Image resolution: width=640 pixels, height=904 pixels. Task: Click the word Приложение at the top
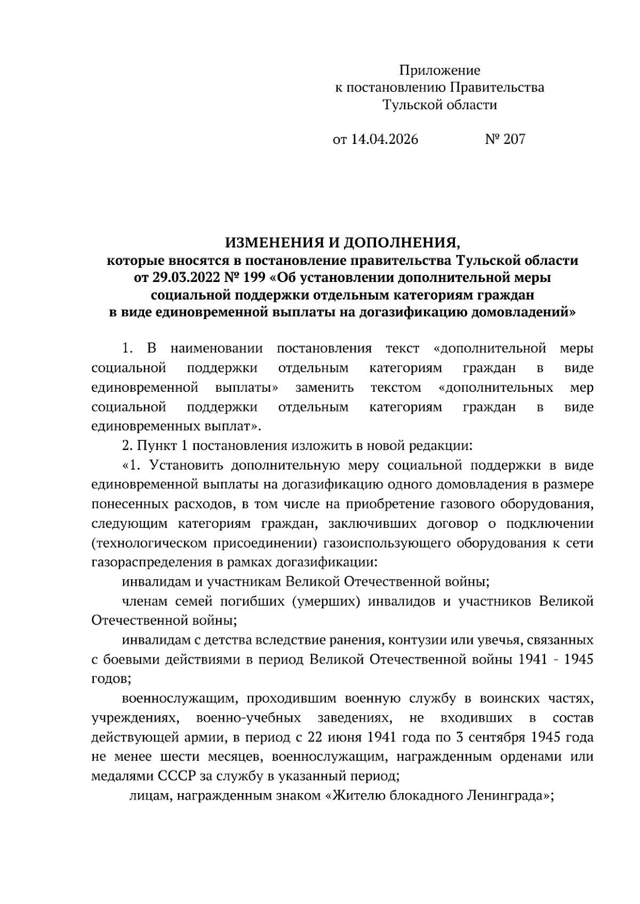tap(439, 70)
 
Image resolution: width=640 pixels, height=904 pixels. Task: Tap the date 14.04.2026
tap(384, 139)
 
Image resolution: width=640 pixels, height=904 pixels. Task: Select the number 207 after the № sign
tap(514, 139)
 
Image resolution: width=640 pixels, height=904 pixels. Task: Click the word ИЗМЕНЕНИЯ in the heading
tap(274, 243)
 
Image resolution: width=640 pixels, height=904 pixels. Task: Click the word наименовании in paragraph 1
tap(217, 349)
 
